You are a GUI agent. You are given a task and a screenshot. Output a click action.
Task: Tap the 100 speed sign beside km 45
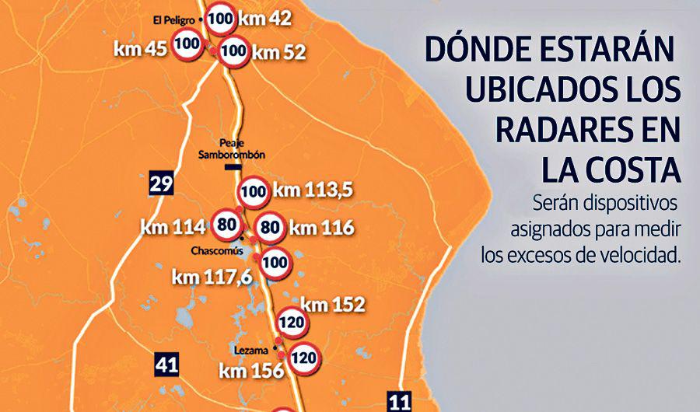point(187,44)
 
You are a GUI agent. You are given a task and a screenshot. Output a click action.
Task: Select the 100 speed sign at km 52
point(234,52)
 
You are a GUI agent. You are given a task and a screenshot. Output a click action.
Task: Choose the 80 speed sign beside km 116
point(269,228)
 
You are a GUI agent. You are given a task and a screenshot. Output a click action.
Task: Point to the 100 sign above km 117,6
point(275,263)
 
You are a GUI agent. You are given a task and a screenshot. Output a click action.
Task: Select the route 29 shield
point(161,184)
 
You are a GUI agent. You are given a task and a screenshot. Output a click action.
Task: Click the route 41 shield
point(166,364)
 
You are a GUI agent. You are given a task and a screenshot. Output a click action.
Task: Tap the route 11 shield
point(399,401)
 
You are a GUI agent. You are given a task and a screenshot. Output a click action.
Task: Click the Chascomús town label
point(218,251)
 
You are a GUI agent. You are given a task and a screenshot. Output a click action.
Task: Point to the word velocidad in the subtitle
point(636,254)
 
